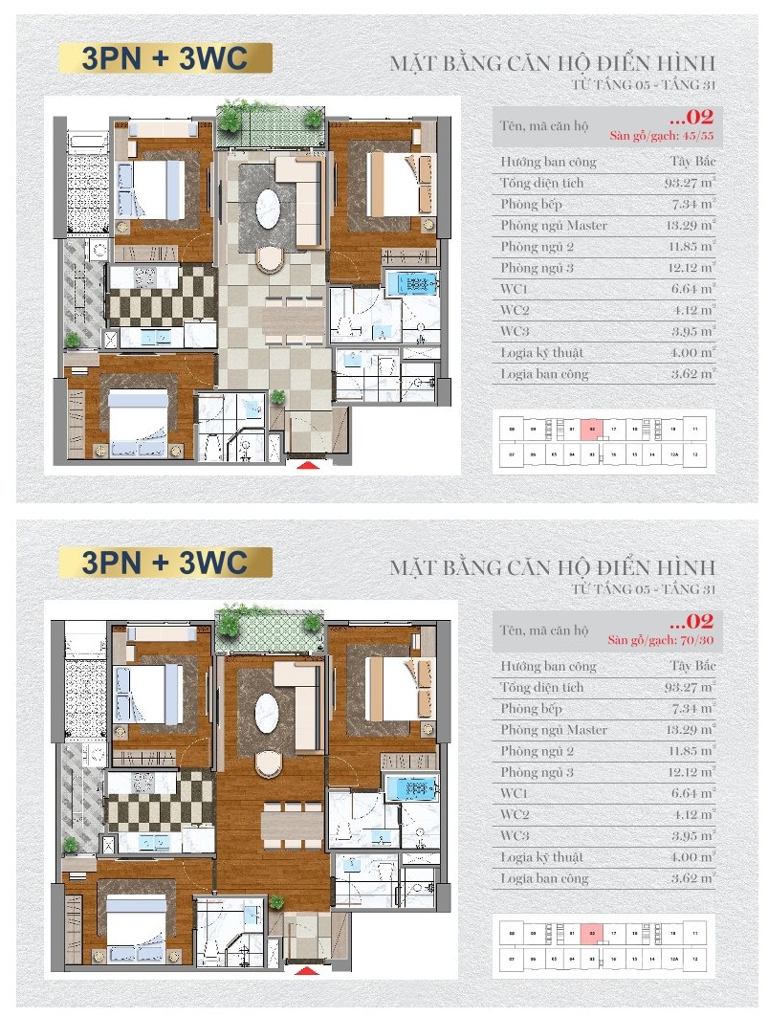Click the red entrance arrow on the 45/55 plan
(307, 466)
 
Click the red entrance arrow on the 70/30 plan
(307, 969)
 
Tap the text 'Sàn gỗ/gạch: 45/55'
(675, 135)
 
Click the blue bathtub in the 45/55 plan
(411, 284)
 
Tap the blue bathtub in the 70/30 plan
(411, 788)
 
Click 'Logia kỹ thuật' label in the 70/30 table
(541, 857)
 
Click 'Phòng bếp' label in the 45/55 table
(531, 205)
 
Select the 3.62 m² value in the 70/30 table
(694, 877)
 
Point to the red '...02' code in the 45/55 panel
(691, 118)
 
